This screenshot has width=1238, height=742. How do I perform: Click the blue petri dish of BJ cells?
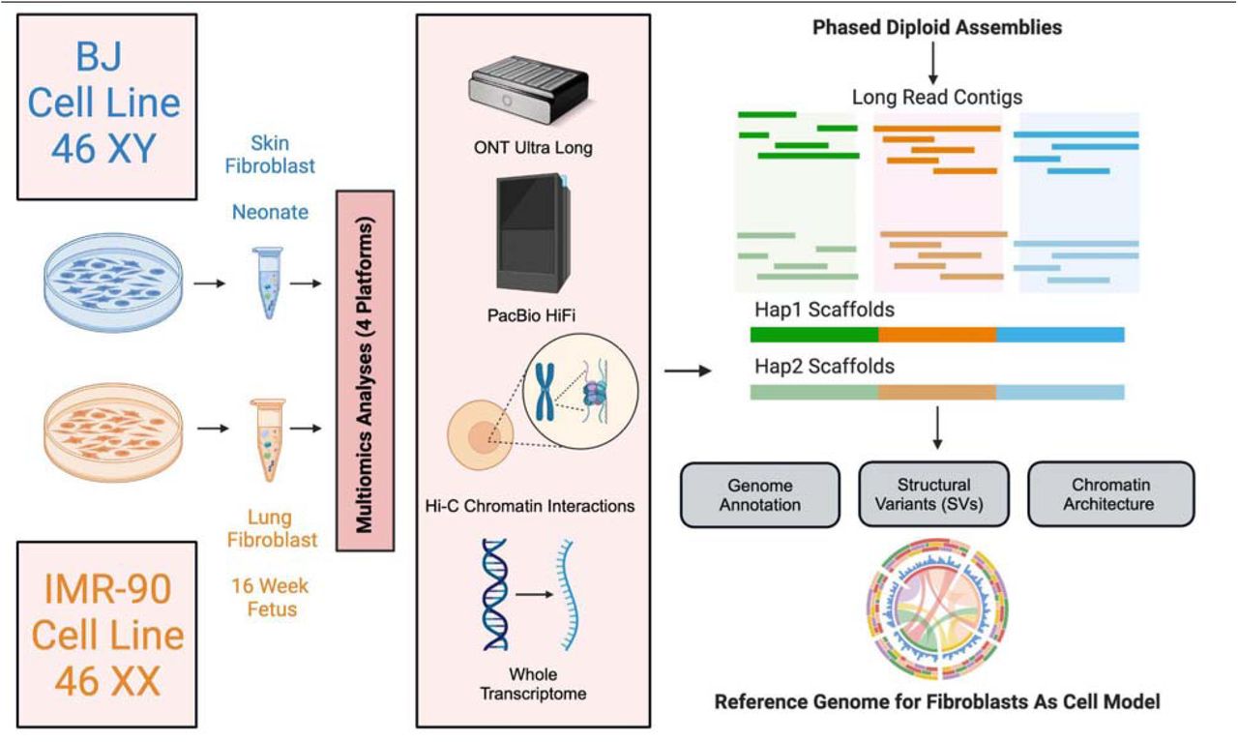click(113, 282)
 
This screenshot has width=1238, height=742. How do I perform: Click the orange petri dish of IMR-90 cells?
click(113, 432)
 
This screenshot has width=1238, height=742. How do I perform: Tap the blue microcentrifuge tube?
click(268, 282)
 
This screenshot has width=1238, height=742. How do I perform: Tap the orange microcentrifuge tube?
click(268, 439)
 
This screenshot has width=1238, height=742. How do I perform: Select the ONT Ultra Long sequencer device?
click(528, 90)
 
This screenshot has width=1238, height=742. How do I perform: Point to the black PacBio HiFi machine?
click(533, 233)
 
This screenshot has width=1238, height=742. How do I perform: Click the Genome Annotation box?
click(760, 495)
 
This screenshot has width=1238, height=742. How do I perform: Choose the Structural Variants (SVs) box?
click(933, 493)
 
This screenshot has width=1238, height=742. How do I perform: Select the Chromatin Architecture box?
click(1111, 493)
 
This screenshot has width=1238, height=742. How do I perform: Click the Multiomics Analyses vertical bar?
click(366, 371)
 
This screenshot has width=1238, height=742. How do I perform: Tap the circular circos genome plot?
click(938, 608)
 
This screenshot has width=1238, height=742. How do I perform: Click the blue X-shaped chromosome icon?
click(545, 392)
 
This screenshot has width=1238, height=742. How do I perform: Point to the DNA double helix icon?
click(494, 594)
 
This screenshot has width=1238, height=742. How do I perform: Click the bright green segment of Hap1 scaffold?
click(814, 335)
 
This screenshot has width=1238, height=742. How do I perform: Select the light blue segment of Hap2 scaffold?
click(1060, 392)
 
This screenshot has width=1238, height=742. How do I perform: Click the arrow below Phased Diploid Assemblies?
click(933, 63)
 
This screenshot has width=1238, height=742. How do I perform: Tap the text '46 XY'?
click(103, 149)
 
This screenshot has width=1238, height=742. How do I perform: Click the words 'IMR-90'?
click(107, 589)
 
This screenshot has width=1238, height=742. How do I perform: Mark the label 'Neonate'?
click(270, 212)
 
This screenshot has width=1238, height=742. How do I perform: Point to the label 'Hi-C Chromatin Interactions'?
click(529, 506)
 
